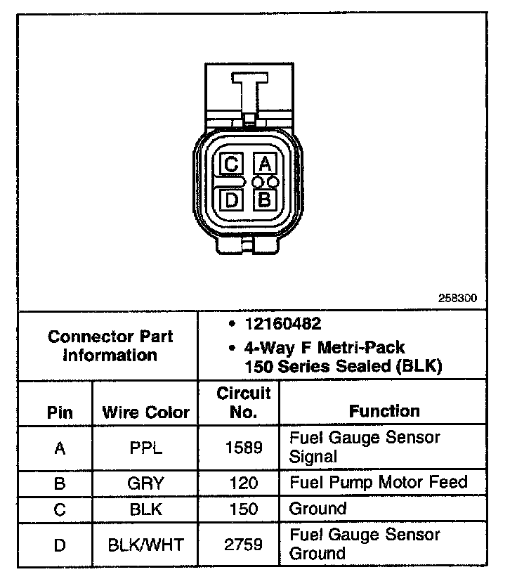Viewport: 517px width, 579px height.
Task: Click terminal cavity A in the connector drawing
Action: pos(264,164)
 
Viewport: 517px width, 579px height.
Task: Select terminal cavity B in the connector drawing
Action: pos(264,200)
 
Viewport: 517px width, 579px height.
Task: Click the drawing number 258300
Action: pos(457,297)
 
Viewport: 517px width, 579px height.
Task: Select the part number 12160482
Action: pos(283,324)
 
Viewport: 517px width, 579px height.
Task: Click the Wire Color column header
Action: pos(146,412)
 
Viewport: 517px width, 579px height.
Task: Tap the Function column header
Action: pos(384,410)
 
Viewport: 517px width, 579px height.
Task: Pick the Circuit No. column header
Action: pos(243,403)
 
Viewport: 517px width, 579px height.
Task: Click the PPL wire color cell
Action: pos(146,448)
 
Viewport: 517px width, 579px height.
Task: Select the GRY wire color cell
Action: pos(146,483)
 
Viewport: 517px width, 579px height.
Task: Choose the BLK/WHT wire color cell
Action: pos(146,544)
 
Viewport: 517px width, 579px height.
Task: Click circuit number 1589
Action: pos(243,448)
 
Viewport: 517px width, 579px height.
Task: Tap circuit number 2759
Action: pos(243,544)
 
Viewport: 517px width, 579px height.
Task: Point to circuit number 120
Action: pos(243,483)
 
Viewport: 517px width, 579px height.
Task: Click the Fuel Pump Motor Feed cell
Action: pos(378,483)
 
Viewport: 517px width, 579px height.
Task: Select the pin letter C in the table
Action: pos(60,509)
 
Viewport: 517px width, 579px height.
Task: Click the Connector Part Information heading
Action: pos(110,346)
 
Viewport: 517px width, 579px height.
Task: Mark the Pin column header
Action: pos(60,412)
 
